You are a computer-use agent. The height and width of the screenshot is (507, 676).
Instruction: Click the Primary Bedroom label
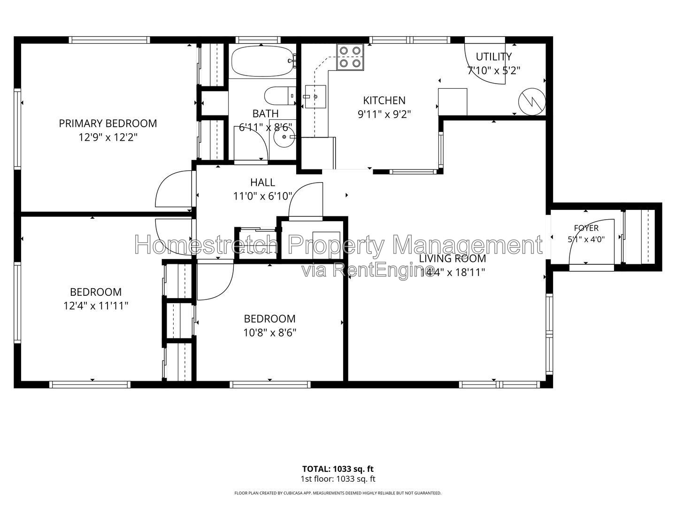[108, 123]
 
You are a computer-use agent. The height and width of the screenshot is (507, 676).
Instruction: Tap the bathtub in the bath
[262, 61]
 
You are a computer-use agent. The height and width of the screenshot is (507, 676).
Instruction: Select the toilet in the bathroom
[280, 96]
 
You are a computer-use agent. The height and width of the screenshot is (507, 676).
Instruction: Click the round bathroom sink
[284, 137]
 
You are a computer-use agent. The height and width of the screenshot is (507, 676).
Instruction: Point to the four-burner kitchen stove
[350, 57]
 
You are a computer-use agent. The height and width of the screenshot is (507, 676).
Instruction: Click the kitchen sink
[315, 97]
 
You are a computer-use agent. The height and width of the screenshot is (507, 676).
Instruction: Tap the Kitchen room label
[384, 100]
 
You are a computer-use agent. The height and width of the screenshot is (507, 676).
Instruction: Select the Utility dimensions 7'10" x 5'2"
[494, 71]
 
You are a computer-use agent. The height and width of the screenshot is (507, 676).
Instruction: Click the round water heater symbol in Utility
[532, 101]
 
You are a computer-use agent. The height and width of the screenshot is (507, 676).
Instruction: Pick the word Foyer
[586, 228]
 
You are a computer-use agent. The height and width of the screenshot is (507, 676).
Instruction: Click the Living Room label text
[453, 259]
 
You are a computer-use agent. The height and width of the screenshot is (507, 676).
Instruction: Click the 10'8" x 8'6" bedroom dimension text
[270, 333]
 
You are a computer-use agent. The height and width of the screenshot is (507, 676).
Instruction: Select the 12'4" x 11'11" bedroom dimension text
[96, 306]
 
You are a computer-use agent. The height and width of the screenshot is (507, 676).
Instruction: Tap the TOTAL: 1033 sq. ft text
[338, 469]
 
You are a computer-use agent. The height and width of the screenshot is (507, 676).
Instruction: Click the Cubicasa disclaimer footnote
[338, 493]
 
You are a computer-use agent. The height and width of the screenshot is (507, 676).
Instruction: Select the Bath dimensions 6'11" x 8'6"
[266, 127]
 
